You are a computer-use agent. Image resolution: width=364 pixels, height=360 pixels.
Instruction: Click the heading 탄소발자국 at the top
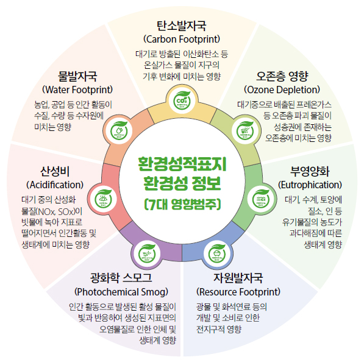[182, 26]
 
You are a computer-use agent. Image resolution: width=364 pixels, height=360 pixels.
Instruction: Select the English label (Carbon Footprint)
[182, 40]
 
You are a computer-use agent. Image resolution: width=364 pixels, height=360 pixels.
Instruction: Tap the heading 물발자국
[77, 77]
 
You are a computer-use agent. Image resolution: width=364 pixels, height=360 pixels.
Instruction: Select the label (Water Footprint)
[77, 90]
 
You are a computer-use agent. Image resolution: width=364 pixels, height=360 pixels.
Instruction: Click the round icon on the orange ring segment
[118, 130]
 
